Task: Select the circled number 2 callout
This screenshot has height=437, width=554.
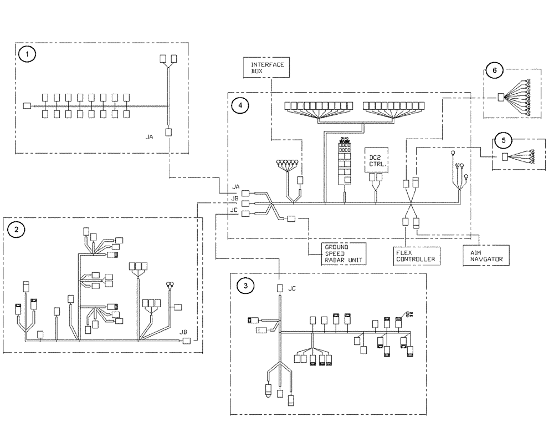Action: [17, 230]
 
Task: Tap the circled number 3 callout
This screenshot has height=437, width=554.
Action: [245, 286]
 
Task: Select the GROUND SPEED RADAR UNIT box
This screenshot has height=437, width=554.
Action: [336, 252]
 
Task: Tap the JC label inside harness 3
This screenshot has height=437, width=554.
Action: [293, 288]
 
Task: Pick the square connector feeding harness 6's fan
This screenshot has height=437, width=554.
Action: [501, 98]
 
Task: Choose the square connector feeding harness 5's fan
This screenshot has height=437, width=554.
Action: [505, 157]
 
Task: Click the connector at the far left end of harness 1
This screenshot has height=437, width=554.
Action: [27, 105]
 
